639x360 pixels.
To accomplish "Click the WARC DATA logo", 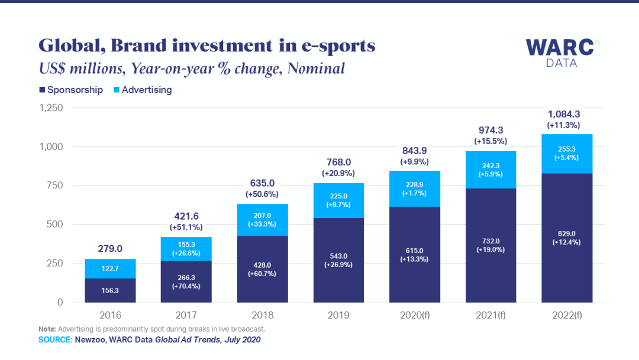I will [559, 53].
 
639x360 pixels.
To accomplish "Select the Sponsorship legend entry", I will [70, 90].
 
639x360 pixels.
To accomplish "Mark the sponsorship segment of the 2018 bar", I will [262, 269].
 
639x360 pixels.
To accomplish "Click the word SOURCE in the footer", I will [54, 340].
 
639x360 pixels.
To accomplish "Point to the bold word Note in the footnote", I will [47, 329].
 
